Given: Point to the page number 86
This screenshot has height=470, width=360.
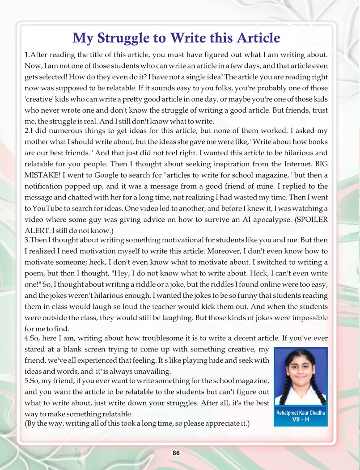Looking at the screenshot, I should coord(176,453).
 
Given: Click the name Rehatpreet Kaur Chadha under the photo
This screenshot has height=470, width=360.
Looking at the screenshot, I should coord(301,413).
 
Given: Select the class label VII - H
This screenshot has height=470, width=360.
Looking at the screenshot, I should coord(301,420).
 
